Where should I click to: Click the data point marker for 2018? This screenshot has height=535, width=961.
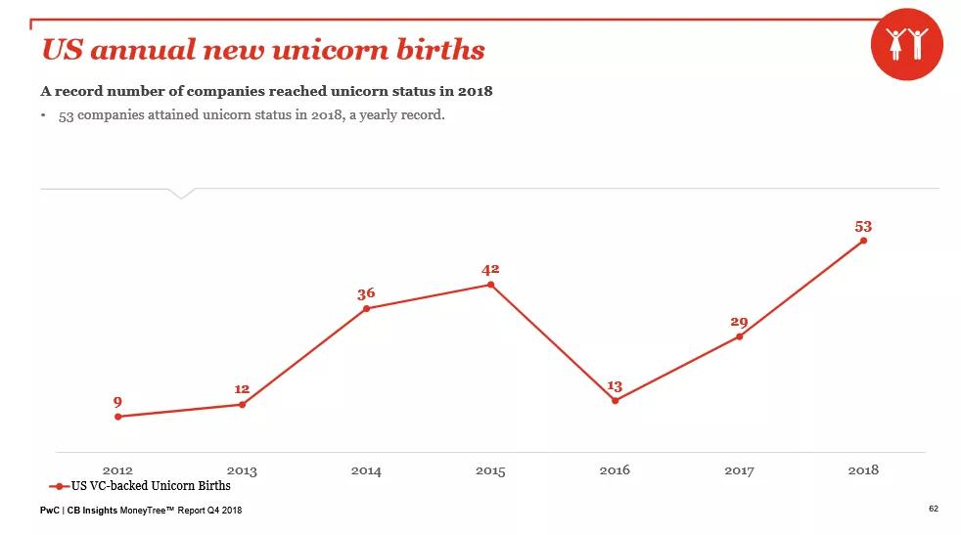pos(863,241)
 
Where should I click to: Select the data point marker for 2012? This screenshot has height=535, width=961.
pos(118,417)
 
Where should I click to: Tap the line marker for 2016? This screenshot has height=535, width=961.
pos(615,401)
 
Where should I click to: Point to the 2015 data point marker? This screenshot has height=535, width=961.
pos(490,285)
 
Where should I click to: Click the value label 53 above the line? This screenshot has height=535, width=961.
pos(863,226)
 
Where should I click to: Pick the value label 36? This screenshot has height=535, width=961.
pos(366,293)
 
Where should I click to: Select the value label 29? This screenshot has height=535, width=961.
pos(739,322)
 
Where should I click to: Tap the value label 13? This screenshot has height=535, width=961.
pos(615,386)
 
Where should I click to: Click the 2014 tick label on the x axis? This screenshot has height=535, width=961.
pos(366,470)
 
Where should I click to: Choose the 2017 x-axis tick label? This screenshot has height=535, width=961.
pos(739,470)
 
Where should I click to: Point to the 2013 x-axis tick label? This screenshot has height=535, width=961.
pos(242,470)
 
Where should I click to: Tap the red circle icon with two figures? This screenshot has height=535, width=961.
pos(906,45)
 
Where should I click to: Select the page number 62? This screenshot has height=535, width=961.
pos(933,509)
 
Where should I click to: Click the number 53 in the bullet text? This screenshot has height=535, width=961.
pos(68,115)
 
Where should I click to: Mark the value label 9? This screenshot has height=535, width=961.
pos(117,402)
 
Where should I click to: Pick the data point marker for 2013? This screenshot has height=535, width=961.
pos(242,404)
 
